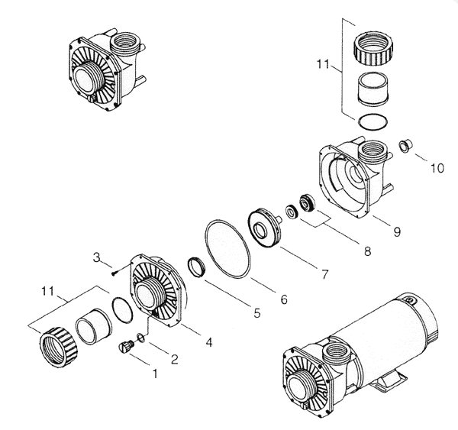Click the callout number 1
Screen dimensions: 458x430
pos(155,373)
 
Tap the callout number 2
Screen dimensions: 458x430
pos(174,359)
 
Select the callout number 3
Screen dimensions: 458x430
pos(97,257)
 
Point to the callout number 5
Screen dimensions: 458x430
pos(256,313)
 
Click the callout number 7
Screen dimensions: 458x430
pos(325,274)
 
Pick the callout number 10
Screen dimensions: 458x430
pos(437,168)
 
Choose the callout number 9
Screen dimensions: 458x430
pos(397,232)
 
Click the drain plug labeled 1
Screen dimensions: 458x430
pos(126,348)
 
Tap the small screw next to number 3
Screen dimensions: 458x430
pos(114,273)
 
